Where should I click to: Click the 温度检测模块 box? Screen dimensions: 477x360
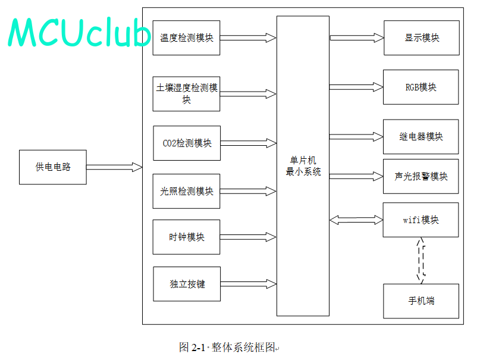click(x=186, y=37)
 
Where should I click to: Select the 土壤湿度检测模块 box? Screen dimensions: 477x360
click(x=186, y=94)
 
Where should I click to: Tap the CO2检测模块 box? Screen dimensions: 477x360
click(x=187, y=143)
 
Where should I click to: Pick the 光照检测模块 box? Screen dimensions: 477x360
click(x=186, y=191)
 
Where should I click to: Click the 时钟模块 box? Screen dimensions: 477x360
click(x=186, y=237)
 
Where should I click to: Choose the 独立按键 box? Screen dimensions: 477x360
click(x=187, y=284)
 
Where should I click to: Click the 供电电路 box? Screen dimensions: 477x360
click(x=53, y=167)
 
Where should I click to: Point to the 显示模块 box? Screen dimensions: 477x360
click(x=422, y=37)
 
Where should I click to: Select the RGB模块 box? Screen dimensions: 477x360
click(x=420, y=87)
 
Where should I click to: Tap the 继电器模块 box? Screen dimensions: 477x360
click(x=420, y=137)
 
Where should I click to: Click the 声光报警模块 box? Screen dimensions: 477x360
click(x=420, y=176)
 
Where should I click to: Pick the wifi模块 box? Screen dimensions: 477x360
click(x=420, y=220)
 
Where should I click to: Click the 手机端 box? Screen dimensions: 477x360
click(x=421, y=301)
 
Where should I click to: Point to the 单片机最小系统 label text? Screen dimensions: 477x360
click(x=303, y=166)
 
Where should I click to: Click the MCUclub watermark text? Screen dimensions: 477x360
click(x=79, y=32)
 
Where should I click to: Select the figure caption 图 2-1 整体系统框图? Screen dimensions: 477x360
click(x=229, y=348)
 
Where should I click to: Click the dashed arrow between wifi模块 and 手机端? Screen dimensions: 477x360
click(x=421, y=261)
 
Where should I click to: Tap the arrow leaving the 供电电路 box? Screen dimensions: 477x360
click(x=114, y=167)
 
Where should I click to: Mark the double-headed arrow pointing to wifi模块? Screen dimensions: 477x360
click(x=356, y=220)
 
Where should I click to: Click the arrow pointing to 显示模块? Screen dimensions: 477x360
click(x=357, y=37)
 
